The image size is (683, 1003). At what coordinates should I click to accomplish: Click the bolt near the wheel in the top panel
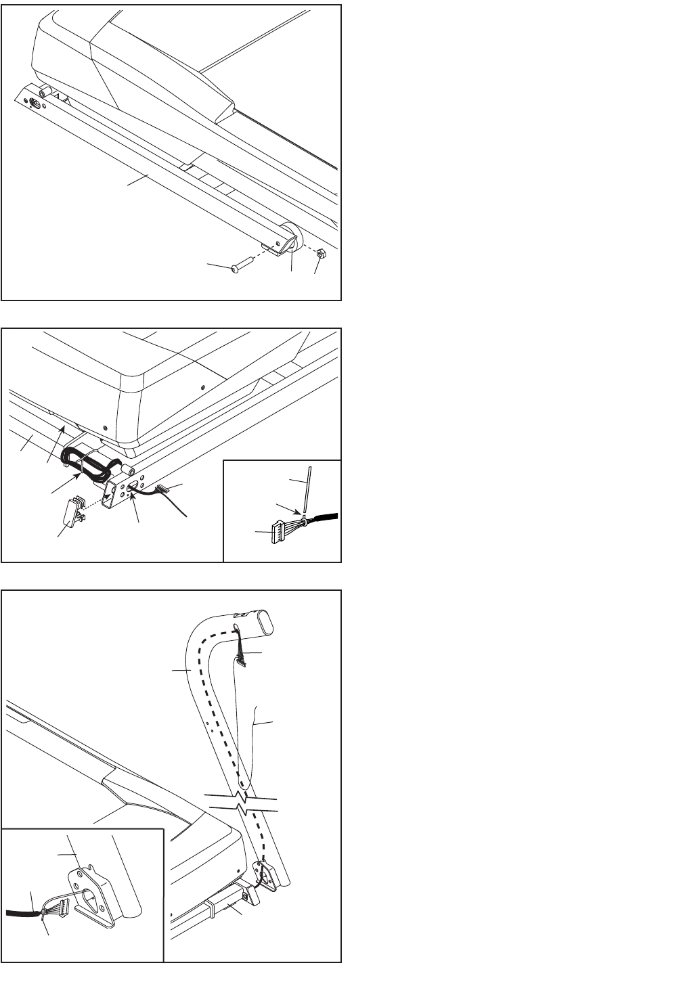pos(236,269)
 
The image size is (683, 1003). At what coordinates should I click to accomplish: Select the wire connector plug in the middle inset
pos(278,532)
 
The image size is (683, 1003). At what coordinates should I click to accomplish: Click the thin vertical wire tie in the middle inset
pos(308,488)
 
